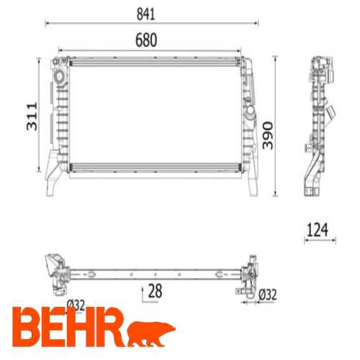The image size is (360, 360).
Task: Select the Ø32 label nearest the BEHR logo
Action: click(76, 304)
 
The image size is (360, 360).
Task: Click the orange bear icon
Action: click(152, 332)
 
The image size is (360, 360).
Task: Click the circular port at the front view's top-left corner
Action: click(57, 74)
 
